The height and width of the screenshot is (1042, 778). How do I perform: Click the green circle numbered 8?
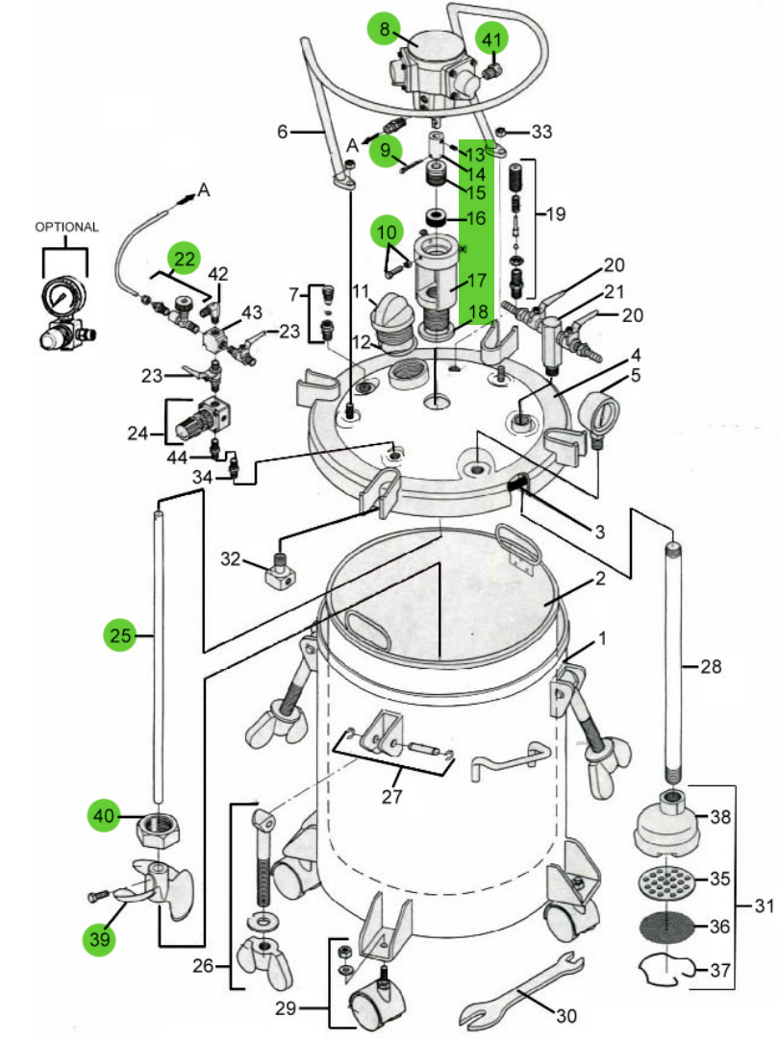point(385,29)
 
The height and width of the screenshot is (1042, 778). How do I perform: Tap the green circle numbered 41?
point(491,39)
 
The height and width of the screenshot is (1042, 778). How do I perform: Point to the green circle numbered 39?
point(100,939)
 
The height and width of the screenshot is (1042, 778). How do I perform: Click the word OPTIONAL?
point(66,227)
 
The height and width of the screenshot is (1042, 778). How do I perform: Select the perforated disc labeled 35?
point(665,881)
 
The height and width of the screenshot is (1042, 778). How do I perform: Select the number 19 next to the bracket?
point(557,214)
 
